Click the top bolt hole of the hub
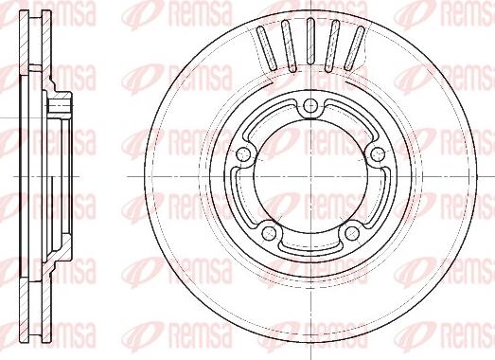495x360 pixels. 311,104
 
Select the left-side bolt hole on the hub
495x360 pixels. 243,154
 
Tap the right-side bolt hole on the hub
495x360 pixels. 378,154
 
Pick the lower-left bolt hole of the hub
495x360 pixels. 270,233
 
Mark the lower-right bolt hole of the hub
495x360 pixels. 352,233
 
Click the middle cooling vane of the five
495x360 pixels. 310,41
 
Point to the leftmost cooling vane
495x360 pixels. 267,48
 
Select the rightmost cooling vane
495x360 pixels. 354,48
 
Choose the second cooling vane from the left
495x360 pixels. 289,46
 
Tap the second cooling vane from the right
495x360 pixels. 332,46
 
